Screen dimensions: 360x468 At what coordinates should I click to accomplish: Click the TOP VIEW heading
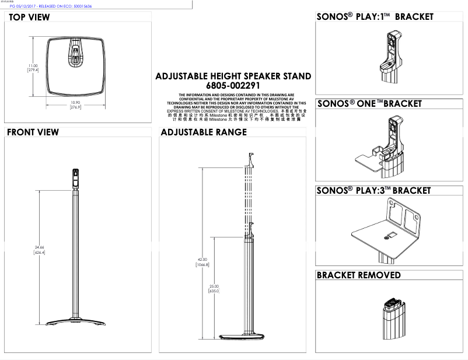pos(29,18)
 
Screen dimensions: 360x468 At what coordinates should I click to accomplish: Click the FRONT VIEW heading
pos(33,132)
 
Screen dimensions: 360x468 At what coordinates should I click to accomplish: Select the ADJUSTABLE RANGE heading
pos(204,132)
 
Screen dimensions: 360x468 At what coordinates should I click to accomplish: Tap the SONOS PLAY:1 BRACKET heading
pos(375,17)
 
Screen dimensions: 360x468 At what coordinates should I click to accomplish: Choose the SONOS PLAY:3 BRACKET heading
pos(373,191)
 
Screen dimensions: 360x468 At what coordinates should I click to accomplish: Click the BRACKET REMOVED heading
pos(358,275)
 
